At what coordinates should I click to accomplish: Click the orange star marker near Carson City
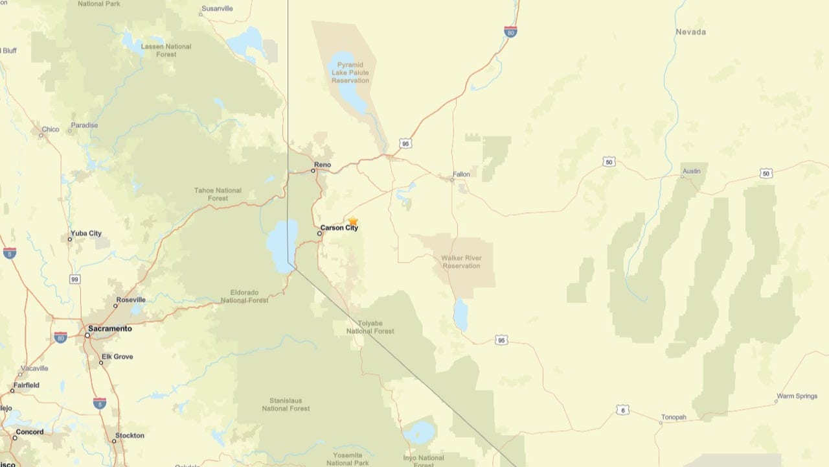tap(353, 221)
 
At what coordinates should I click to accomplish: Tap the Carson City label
tap(339, 228)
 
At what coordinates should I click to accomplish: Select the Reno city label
tap(323, 165)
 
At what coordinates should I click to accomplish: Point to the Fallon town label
tap(462, 174)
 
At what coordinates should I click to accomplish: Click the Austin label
tap(691, 171)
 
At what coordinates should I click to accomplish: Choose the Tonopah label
tap(674, 417)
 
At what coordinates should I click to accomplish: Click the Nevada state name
tap(690, 32)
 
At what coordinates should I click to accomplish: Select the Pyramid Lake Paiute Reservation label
tap(350, 73)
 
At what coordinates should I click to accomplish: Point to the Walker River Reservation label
tap(461, 261)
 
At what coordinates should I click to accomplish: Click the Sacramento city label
tap(110, 329)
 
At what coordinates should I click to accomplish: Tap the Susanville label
tap(217, 8)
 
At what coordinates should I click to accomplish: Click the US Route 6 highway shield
tap(622, 410)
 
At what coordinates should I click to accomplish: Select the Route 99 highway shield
tap(75, 279)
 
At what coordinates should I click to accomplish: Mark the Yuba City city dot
tap(70, 239)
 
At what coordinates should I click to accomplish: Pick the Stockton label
tap(130, 435)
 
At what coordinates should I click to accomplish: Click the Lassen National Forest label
tap(166, 51)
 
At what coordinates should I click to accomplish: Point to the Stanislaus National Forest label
tap(286, 405)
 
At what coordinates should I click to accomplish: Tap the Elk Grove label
tap(117, 357)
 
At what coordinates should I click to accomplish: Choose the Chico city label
tap(51, 129)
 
